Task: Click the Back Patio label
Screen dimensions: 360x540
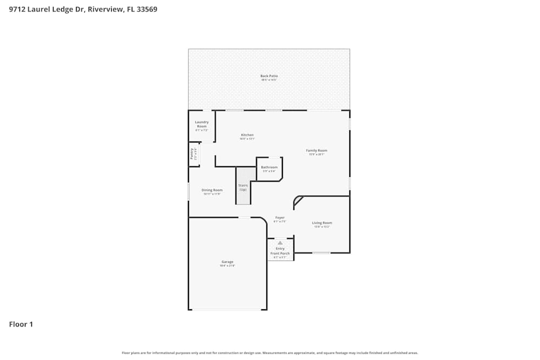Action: click(x=269, y=76)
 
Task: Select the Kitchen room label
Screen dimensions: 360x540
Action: click(x=247, y=135)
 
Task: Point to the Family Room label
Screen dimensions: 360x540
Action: click(x=316, y=151)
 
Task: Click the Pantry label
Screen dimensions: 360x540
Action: click(x=192, y=154)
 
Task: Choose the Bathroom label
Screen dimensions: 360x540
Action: click(x=269, y=167)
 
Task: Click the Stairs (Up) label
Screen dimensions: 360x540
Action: click(x=243, y=187)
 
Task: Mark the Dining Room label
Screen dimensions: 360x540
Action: click(x=212, y=190)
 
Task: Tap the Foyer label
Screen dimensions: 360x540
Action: click(x=280, y=218)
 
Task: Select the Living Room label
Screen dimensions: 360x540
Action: click(x=322, y=223)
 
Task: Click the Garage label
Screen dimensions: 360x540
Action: click(x=227, y=262)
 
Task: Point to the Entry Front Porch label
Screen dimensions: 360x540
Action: click(x=280, y=251)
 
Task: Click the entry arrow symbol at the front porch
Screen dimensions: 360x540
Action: click(x=280, y=243)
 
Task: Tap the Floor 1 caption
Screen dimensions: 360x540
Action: click(x=21, y=324)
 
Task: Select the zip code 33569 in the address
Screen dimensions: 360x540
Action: click(x=146, y=9)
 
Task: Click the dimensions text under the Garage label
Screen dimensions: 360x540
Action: click(x=227, y=266)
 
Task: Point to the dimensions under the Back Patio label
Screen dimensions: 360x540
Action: click(x=269, y=80)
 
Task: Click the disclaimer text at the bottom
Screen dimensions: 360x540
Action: click(x=270, y=353)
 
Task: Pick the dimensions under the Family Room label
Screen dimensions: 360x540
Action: click(x=316, y=154)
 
